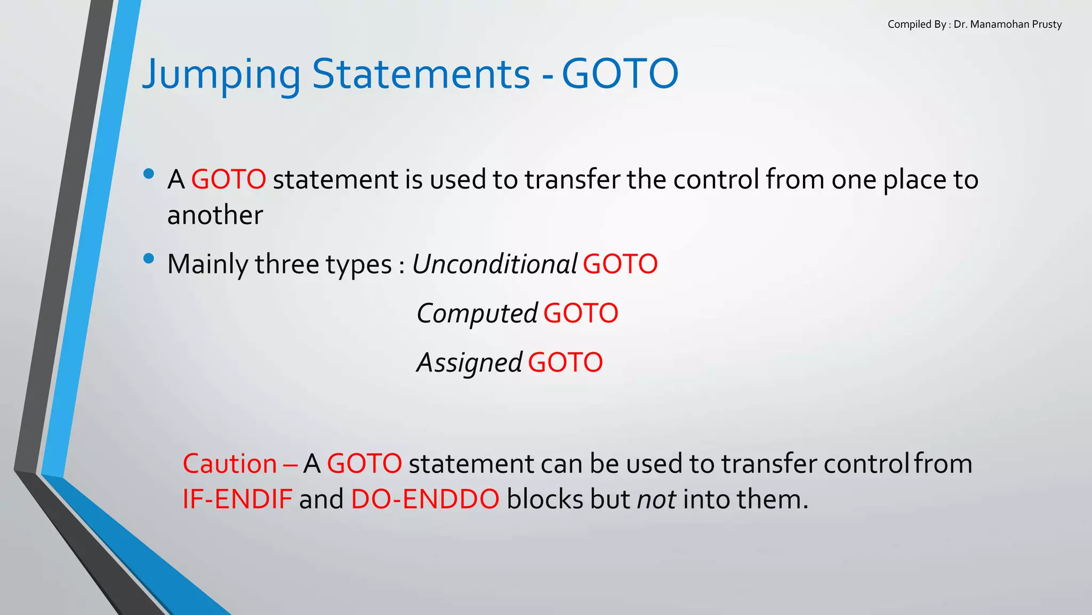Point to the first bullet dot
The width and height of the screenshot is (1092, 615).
click(x=149, y=174)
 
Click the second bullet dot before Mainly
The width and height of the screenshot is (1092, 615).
click(x=149, y=259)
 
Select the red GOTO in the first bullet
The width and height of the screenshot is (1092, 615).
click(x=228, y=179)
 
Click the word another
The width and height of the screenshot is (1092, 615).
click(x=215, y=215)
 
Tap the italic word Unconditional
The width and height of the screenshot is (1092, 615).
click(x=494, y=264)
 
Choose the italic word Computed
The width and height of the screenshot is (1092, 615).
click(x=477, y=314)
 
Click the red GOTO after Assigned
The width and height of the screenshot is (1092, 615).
click(x=565, y=363)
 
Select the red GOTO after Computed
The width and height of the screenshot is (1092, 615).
click(x=581, y=314)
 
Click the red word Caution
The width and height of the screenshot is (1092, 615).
click(x=230, y=463)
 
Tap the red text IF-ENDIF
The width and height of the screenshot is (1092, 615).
click(x=237, y=500)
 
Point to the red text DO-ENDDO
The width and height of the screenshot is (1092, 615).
click(x=425, y=500)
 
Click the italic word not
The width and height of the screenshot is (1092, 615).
click(x=657, y=500)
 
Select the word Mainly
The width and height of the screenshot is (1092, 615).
click(x=207, y=264)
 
